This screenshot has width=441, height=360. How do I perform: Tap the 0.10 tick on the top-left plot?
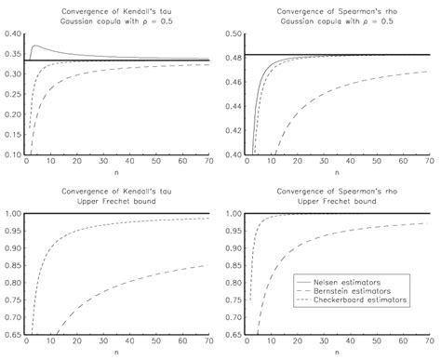point(13,154)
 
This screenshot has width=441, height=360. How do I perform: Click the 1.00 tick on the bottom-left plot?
point(13,213)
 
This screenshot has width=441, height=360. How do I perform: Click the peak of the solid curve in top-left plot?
point(35,46)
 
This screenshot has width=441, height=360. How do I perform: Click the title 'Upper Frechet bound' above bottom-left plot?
point(117,201)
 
